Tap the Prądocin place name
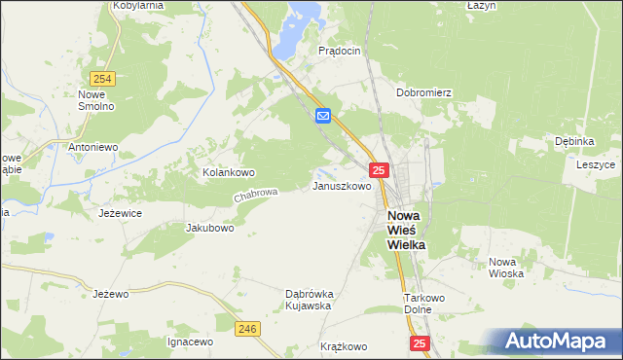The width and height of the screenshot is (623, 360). pos(340,50)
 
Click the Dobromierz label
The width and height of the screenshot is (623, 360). pos(424,93)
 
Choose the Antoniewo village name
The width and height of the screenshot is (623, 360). pos(92,147)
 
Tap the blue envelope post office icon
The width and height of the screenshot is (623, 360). pos(324,117)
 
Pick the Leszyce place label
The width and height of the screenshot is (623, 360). pos(595,164)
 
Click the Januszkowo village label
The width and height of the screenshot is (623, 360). pos(341,185)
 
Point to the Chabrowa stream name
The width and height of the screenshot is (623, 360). pos(255,197)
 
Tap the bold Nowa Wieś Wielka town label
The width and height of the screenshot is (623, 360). pos(406,231)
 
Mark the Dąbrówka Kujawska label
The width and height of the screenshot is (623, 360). pos(310,299)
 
